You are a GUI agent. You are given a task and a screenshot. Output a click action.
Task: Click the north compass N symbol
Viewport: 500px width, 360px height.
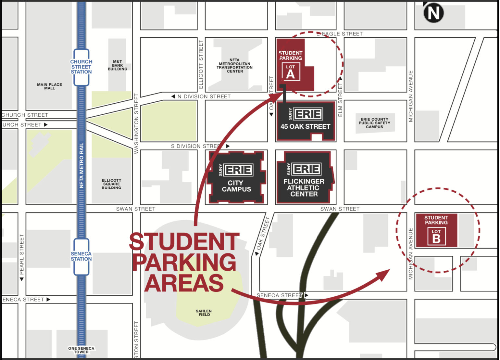coord(433,13)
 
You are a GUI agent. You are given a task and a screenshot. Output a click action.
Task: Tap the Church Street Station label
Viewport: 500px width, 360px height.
coord(81,67)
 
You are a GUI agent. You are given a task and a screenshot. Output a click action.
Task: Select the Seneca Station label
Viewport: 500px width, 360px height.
coord(81,256)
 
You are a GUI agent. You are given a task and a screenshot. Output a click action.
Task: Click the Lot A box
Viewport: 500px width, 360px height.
coord(291,71)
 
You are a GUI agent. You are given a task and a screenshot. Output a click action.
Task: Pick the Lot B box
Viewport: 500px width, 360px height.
coord(436,236)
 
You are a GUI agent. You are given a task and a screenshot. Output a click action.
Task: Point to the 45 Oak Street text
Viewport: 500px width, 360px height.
coord(305,126)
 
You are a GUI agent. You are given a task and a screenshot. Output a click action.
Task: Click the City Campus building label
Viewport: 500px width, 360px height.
coord(236,186)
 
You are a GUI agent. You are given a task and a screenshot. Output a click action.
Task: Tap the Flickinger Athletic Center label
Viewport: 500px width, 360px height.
coord(304,187)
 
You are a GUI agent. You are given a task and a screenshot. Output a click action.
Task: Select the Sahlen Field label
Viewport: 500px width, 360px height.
coord(204,313)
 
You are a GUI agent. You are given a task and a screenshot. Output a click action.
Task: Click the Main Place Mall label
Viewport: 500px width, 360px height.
coord(49,86)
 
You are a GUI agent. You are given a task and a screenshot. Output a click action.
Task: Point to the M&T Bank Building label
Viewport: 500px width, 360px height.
coord(118,65)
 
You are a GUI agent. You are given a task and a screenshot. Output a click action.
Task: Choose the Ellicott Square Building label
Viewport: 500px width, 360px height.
coord(111,184)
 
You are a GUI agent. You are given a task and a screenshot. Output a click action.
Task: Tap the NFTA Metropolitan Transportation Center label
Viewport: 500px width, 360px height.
coord(235,66)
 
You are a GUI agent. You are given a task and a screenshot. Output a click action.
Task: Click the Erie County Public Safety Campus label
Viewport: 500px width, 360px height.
coord(374,123)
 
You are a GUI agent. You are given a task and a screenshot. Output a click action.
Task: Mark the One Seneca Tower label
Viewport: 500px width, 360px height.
coord(81,350)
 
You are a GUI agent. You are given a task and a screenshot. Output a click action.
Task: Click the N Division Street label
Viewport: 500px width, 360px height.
coord(204,96)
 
